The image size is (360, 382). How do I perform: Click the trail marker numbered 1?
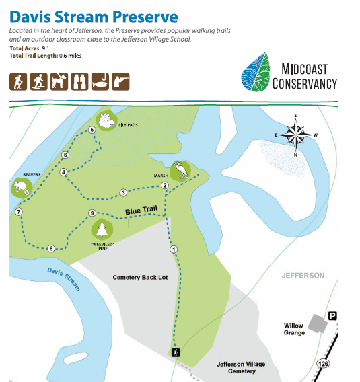click(174, 249)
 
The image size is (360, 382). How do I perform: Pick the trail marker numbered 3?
click(123, 192)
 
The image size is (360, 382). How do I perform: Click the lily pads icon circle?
click(106, 121)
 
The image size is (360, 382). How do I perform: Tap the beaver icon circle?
click(20, 187)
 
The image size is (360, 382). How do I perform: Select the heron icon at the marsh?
click(180, 169)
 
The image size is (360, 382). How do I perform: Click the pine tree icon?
click(103, 229)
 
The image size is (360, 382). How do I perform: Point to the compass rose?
click(295, 136)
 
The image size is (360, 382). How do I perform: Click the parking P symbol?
click(332, 315)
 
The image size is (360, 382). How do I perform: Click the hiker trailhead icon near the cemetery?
click(175, 353)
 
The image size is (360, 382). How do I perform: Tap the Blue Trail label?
click(141, 211)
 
